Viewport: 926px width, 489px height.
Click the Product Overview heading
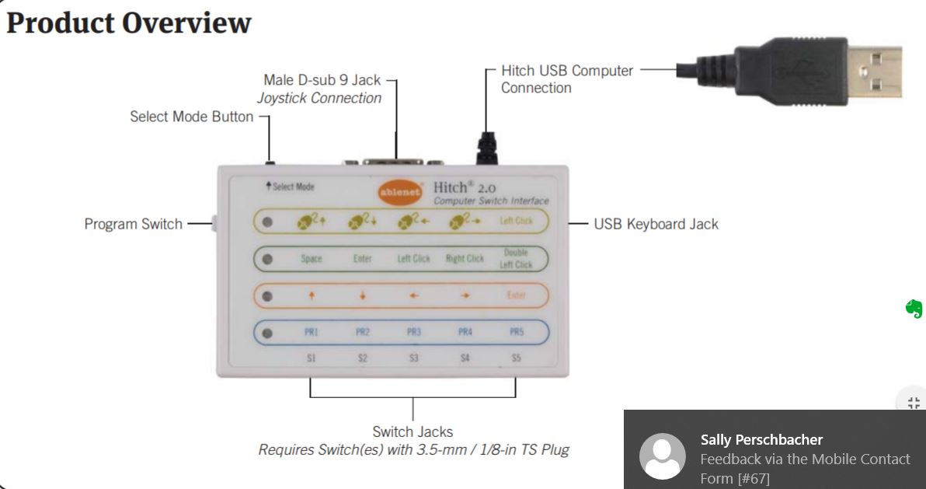pos(129,23)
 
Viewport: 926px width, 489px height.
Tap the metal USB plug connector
pos(873,72)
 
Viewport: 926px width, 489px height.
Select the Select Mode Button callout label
pos(191,117)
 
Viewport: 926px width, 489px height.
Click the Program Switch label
pos(133,224)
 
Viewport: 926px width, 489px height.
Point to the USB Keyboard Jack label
pos(656,224)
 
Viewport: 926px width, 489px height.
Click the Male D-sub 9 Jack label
pos(322,80)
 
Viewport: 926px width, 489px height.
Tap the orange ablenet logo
pos(400,191)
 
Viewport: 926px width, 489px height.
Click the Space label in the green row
pos(312,259)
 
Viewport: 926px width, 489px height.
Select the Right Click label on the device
pos(465,259)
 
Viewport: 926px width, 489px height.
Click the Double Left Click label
pos(517,259)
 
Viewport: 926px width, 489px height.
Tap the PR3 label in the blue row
pos(414,332)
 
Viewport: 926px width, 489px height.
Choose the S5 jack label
pos(517,358)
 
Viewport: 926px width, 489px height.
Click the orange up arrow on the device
pos(312,295)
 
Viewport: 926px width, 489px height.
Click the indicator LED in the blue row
pos(268,333)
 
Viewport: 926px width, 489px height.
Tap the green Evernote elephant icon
pos(914,309)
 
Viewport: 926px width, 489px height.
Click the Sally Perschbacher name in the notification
pos(761,439)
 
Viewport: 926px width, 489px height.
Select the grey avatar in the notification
pos(662,456)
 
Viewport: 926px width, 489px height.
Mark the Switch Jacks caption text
pos(413,431)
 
